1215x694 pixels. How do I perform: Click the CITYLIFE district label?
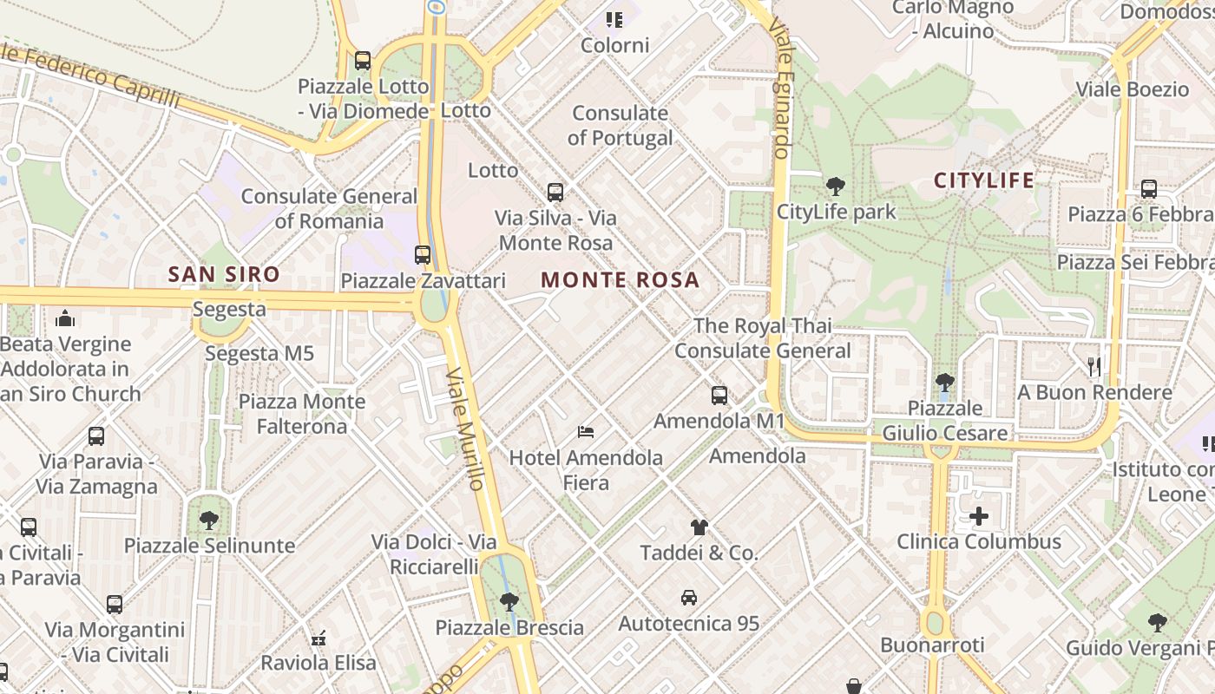[x=984, y=180]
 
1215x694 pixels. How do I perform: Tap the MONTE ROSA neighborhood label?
[x=620, y=279]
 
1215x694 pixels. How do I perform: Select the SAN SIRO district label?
[x=224, y=274]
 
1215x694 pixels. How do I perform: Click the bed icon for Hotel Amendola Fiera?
[x=586, y=431]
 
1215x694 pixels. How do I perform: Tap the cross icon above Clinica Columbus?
[x=978, y=516]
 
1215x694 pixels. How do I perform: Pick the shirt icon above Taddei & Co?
[x=699, y=527]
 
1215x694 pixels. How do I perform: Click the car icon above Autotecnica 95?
[x=688, y=597]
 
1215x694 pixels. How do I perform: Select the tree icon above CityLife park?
[x=836, y=186]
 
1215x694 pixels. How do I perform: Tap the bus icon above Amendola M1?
[x=719, y=396]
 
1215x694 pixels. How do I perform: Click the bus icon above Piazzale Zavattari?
[x=423, y=255]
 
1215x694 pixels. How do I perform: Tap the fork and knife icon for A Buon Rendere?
[x=1094, y=366]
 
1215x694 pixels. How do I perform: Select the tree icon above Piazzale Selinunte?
[x=208, y=520]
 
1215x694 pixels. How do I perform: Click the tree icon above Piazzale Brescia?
[x=509, y=600]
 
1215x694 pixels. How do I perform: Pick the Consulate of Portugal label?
[x=620, y=125]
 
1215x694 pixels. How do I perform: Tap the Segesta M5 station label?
[x=259, y=353]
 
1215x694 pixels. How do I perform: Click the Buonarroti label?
[x=932, y=645]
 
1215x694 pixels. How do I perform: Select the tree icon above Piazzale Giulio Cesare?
[x=944, y=382]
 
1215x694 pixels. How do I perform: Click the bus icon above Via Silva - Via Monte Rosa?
[x=555, y=192]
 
